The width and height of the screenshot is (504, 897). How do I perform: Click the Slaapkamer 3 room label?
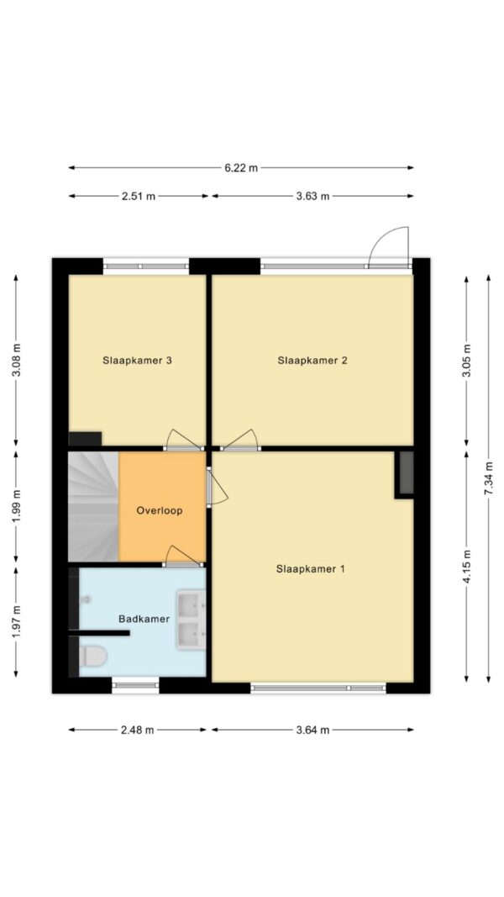[138, 361]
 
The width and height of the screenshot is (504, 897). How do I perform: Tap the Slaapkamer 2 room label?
[312, 361]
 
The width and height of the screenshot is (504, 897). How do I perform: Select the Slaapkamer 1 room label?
[310, 569]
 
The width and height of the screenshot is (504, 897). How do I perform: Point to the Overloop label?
[160, 510]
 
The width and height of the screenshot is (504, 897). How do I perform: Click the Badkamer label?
[144, 619]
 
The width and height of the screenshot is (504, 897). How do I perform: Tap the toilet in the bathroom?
[92, 657]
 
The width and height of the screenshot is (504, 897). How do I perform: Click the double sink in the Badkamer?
[192, 620]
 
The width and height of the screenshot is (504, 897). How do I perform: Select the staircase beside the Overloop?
[93, 506]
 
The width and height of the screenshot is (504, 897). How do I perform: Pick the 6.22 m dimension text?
[240, 167]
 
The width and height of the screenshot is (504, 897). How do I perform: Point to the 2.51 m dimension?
[139, 196]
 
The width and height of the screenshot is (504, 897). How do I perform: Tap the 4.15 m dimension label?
[466, 567]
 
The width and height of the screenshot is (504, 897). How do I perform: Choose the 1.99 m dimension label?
[16, 506]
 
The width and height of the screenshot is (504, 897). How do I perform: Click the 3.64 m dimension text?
[312, 730]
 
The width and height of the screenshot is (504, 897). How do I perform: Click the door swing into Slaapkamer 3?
[184, 438]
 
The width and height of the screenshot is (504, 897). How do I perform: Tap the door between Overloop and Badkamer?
[183, 555]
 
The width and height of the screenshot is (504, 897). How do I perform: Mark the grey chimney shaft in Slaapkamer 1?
[407, 472]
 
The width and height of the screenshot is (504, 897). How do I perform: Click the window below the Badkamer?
[135, 685]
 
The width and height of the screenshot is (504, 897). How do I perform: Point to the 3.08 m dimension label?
[16, 361]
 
